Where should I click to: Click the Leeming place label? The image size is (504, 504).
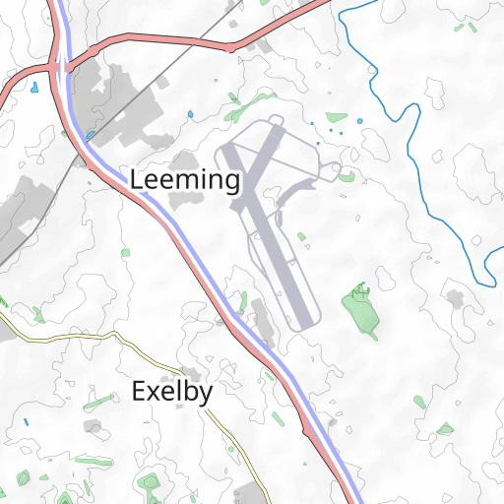point(185,180)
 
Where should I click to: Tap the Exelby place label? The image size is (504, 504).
point(171,392)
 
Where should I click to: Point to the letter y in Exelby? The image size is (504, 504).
point(206,395)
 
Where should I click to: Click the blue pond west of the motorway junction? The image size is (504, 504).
point(34,88)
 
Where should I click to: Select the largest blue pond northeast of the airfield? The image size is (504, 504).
point(359,121)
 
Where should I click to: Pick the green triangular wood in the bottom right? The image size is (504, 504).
point(446,429)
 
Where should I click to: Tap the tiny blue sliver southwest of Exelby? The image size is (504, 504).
point(27,422)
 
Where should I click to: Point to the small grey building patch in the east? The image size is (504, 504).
point(455,296)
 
